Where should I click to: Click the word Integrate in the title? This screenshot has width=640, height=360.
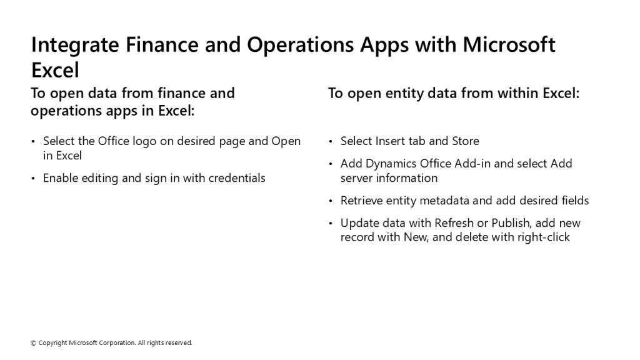coord(75,45)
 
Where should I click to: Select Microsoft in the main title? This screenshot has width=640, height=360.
coord(509,44)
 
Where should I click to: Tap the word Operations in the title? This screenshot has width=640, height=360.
coord(300,45)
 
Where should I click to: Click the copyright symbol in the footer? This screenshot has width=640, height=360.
coord(34,343)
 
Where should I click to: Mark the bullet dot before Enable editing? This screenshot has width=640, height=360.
coord(33,178)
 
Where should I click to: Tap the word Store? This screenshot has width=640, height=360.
coord(466,141)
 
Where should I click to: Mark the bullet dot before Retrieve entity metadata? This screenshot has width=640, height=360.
coord(331,201)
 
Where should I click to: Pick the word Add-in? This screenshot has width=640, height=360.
coord(472,164)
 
